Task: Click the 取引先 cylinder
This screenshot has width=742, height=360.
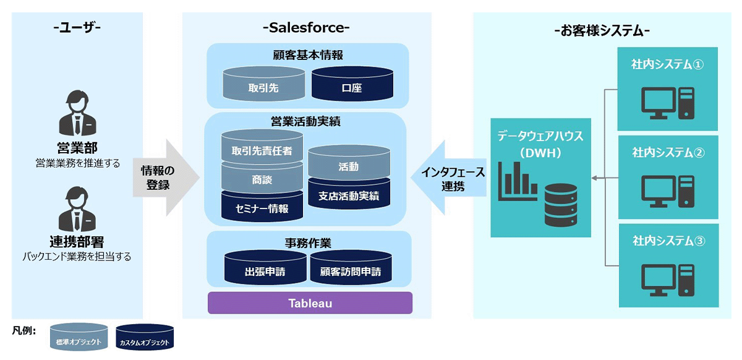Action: point(263,85)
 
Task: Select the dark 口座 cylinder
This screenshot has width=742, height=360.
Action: point(352,85)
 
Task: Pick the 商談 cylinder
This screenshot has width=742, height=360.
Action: point(262,179)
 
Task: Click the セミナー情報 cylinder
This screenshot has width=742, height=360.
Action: point(262,207)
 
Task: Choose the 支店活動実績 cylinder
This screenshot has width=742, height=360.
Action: point(349,195)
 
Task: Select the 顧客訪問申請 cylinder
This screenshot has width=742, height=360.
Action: point(351,268)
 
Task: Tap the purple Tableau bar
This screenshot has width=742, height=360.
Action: point(310,303)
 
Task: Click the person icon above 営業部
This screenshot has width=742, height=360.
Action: point(78,114)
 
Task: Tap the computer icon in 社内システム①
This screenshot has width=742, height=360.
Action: point(668,103)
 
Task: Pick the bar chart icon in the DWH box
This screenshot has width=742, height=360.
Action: point(516,179)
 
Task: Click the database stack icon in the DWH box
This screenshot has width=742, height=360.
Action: point(560,205)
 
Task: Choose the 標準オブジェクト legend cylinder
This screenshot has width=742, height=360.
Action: point(79,338)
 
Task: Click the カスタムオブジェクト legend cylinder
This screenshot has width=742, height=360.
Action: point(145,338)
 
